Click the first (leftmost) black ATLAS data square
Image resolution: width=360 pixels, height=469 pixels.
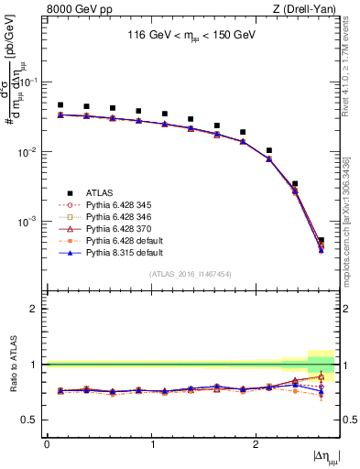tap(60, 105)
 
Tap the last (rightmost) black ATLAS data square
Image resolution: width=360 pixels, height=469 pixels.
tap(321, 240)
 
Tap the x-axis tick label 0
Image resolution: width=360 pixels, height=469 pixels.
tap(47, 444)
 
